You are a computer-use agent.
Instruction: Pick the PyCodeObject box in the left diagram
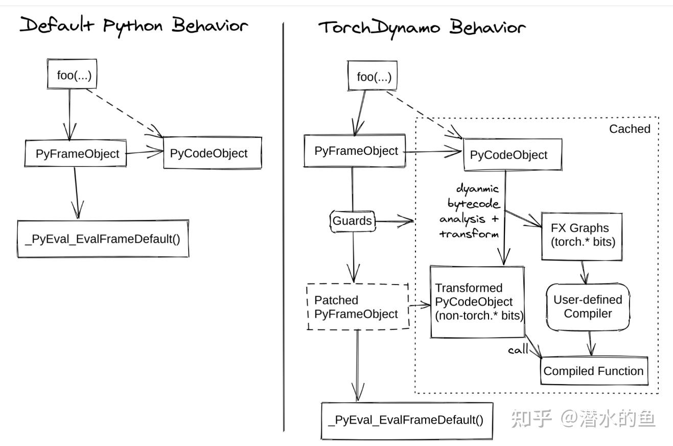(x=212, y=153)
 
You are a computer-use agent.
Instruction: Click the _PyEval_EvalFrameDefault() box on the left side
(x=103, y=239)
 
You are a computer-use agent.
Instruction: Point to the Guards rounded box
(x=352, y=221)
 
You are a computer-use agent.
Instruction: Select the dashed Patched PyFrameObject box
(x=358, y=307)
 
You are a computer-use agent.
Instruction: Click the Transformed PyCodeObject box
(x=477, y=302)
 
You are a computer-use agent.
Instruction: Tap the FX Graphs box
(x=582, y=236)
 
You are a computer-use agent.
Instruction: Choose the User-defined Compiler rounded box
(x=588, y=307)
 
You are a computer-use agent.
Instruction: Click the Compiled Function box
(x=594, y=371)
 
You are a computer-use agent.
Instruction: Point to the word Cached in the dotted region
(x=629, y=129)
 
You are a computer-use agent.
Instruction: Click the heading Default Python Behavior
(x=134, y=25)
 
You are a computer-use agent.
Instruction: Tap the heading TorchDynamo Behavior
(x=422, y=27)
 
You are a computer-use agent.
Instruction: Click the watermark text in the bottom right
(x=583, y=418)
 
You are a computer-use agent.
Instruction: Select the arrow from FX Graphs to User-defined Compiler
(x=584, y=272)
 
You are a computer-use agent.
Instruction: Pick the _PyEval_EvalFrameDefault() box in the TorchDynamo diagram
(x=406, y=420)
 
